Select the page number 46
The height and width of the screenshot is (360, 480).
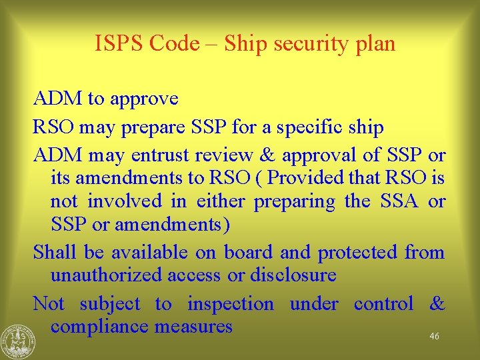click(434, 337)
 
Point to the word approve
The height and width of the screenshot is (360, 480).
click(144, 99)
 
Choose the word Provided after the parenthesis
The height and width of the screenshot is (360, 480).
click(309, 179)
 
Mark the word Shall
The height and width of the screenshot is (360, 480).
click(55, 253)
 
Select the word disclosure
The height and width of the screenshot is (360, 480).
click(291, 275)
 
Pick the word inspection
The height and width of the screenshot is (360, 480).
click(230, 304)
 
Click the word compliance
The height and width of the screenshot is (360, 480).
click(100, 327)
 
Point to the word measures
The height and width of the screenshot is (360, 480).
click(193, 327)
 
